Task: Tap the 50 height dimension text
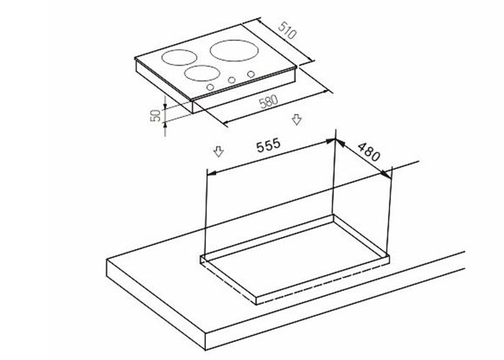pos(154,116)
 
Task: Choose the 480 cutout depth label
pos(369,150)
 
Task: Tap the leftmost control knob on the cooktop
pos(210,87)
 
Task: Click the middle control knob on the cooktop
pos(230,80)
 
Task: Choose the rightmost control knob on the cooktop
pos(250,74)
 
